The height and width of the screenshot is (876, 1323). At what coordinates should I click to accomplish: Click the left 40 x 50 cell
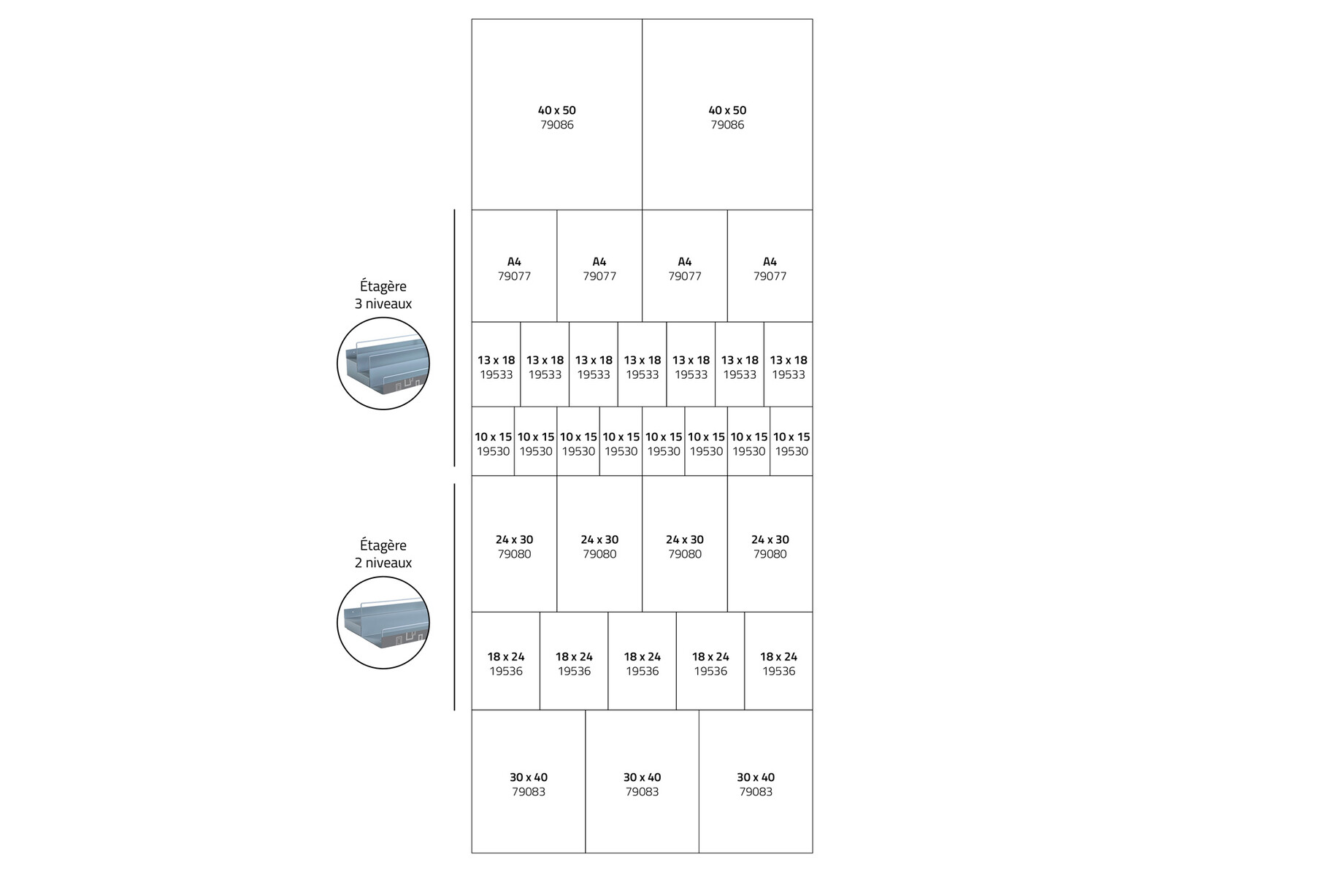click(556, 117)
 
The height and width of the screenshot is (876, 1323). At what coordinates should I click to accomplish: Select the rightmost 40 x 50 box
click(727, 117)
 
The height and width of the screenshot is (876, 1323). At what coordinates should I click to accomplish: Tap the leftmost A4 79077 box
click(514, 268)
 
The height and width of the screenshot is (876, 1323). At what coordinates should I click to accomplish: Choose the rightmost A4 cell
click(770, 268)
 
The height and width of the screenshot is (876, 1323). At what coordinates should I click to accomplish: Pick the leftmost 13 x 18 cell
click(496, 366)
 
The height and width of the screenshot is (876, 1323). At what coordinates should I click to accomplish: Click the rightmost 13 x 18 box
click(788, 366)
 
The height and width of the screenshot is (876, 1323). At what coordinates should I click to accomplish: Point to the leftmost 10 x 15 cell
click(493, 443)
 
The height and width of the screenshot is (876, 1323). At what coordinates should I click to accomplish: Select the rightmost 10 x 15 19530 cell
click(791, 443)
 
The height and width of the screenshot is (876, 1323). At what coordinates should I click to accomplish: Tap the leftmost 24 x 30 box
click(514, 546)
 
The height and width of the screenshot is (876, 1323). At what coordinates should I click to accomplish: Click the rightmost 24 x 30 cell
click(770, 546)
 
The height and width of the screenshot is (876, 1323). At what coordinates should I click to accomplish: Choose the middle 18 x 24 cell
click(642, 663)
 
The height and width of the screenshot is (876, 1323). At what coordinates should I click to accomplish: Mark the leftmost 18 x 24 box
click(505, 663)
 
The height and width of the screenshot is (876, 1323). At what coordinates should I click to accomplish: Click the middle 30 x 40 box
click(642, 783)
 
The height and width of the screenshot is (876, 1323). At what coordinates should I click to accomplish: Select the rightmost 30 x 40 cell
click(755, 783)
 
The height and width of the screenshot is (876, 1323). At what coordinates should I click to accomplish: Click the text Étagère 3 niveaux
click(383, 295)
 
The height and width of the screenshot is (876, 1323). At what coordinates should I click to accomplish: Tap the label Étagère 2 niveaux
click(383, 554)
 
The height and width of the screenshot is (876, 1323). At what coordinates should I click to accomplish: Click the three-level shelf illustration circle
click(383, 364)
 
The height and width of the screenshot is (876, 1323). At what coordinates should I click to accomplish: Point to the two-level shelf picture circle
click(383, 623)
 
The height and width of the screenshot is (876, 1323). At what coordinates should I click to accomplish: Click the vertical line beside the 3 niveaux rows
click(454, 338)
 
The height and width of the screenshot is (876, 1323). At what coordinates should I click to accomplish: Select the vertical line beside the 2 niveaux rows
click(454, 596)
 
